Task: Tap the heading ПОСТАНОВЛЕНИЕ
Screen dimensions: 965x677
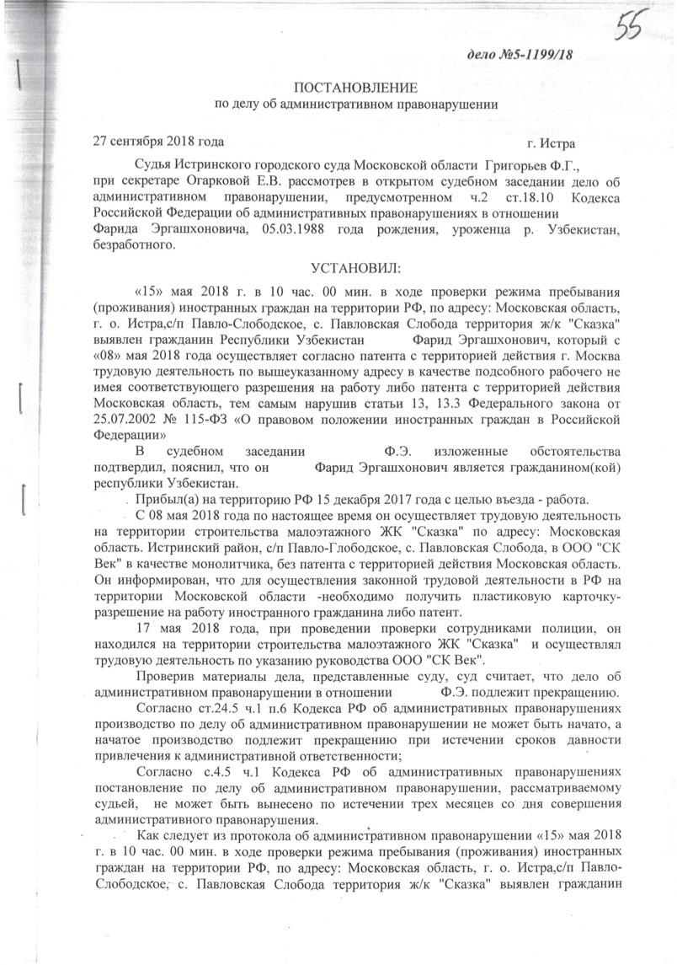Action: (x=354, y=88)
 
